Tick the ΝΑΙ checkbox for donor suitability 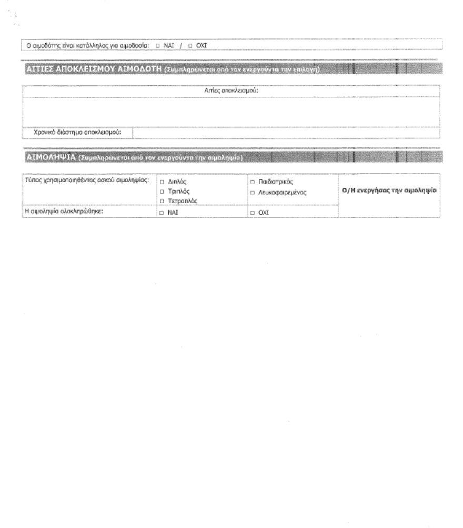click(x=158, y=46)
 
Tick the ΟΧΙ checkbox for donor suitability click(x=190, y=46)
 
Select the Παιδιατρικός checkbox click(x=253, y=182)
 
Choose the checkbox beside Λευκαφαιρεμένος click(x=253, y=192)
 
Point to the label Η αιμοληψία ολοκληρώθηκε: click(x=66, y=211)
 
